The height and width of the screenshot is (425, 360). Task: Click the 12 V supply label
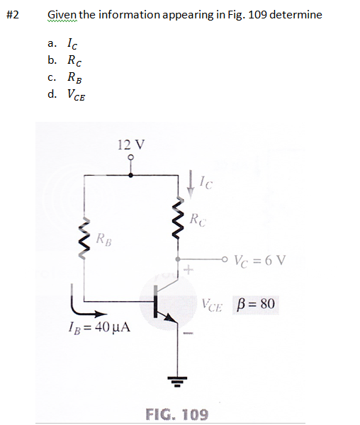point(131,144)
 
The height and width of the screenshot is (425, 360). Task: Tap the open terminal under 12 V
point(131,157)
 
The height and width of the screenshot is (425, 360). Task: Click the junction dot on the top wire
point(130,176)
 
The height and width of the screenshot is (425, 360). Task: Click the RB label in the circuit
point(104,239)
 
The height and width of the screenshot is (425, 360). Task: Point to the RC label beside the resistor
point(198,220)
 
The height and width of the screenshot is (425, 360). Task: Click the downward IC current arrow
point(191,183)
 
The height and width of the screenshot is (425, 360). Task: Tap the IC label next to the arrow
point(206,183)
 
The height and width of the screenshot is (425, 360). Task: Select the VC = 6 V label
point(260,261)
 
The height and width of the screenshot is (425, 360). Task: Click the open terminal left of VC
point(225,259)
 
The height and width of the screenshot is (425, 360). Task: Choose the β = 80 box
point(255,304)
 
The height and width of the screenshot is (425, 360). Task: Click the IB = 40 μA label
point(99,327)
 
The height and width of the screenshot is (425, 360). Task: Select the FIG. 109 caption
point(177,414)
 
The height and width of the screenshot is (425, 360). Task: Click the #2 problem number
point(13,15)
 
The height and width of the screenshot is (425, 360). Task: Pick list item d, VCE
point(67,95)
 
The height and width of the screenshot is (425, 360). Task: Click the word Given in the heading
point(62,15)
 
